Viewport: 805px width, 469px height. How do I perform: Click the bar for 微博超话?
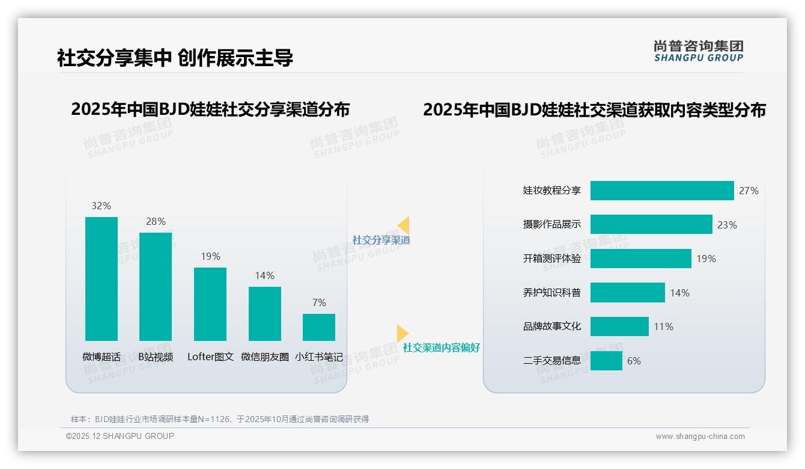[x=102, y=279]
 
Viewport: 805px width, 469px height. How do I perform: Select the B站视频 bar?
[x=156, y=287]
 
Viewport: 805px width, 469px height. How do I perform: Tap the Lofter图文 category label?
[x=210, y=357]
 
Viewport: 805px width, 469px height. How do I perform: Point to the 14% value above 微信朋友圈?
[x=264, y=275]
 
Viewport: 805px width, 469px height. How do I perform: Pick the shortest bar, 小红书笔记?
[x=319, y=327]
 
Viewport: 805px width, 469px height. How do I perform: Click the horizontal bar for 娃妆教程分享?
[x=662, y=191]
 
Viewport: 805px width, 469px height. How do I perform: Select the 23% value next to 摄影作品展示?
[x=727, y=225]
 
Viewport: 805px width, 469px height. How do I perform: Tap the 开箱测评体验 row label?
[x=551, y=259]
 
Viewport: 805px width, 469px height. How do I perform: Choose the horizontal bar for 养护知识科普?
[x=628, y=293]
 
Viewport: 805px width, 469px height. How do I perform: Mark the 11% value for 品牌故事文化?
[x=664, y=326]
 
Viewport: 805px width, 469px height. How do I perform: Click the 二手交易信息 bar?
[x=606, y=361]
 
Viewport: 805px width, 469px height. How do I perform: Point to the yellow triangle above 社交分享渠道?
[x=404, y=225]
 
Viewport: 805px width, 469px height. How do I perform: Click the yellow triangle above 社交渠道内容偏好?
[x=402, y=333]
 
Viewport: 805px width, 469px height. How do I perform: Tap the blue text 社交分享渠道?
[x=381, y=240]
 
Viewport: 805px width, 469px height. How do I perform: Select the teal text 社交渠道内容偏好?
[x=441, y=348]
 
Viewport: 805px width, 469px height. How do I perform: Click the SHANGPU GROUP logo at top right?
[x=698, y=51]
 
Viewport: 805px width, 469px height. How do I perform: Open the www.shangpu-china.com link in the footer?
[x=700, y=437]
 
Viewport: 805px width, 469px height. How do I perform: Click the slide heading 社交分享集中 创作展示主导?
[x=175, y=58]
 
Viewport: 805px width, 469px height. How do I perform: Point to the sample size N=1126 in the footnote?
[x=213, y=419]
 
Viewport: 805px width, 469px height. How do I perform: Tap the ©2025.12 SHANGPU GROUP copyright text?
[x=120, y=436]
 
